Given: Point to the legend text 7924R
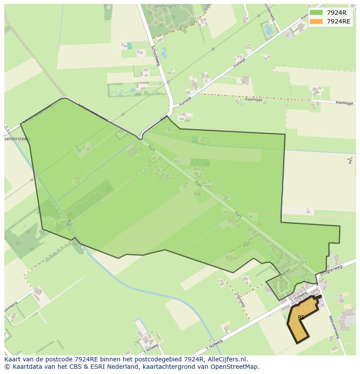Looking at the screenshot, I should tap(337, 13).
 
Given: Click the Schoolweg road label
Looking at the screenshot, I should tap(156, 56).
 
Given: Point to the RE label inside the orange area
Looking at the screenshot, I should tap(301, 318).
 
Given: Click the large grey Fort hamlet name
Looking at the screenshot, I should tap(301, 263).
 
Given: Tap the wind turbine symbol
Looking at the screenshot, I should tap(350, 161).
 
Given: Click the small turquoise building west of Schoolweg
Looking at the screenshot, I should tap(129, 46).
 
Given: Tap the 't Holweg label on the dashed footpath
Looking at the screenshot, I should tap(239, 299).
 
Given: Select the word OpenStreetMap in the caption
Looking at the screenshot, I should tap(234, 367).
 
